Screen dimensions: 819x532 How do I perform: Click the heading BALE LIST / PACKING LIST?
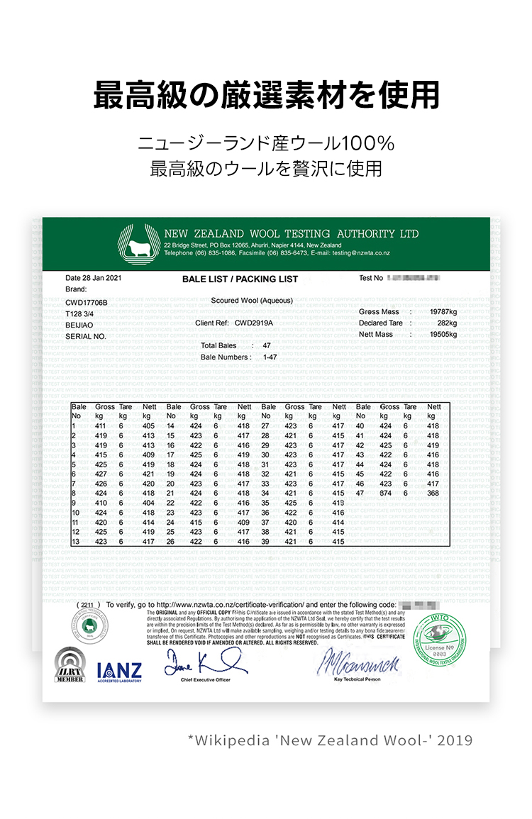(240, 279)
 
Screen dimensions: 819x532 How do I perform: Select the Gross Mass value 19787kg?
(443, 312)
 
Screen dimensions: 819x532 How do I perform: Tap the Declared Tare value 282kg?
(447, 323)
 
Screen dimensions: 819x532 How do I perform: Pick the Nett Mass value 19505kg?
(443, 335)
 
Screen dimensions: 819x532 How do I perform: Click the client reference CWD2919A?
(253, 323)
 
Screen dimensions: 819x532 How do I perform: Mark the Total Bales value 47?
(267, 345)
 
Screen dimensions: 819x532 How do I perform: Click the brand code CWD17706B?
(87, 303)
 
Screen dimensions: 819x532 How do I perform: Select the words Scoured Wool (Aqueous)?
(252, 301)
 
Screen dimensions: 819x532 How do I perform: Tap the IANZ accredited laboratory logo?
(119, 672)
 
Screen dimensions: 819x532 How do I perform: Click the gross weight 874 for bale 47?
(385, 493)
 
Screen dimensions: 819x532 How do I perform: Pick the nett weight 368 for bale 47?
(433, 493)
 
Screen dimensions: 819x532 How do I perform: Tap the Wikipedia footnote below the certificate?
(330, 740)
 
